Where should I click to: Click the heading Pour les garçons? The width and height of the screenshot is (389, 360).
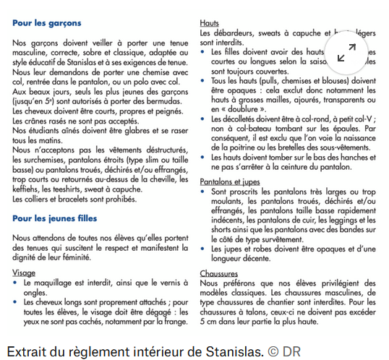[47, 24]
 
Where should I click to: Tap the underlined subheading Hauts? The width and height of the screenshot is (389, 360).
[209, 24]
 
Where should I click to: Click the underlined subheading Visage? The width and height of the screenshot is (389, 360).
[24, 273]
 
